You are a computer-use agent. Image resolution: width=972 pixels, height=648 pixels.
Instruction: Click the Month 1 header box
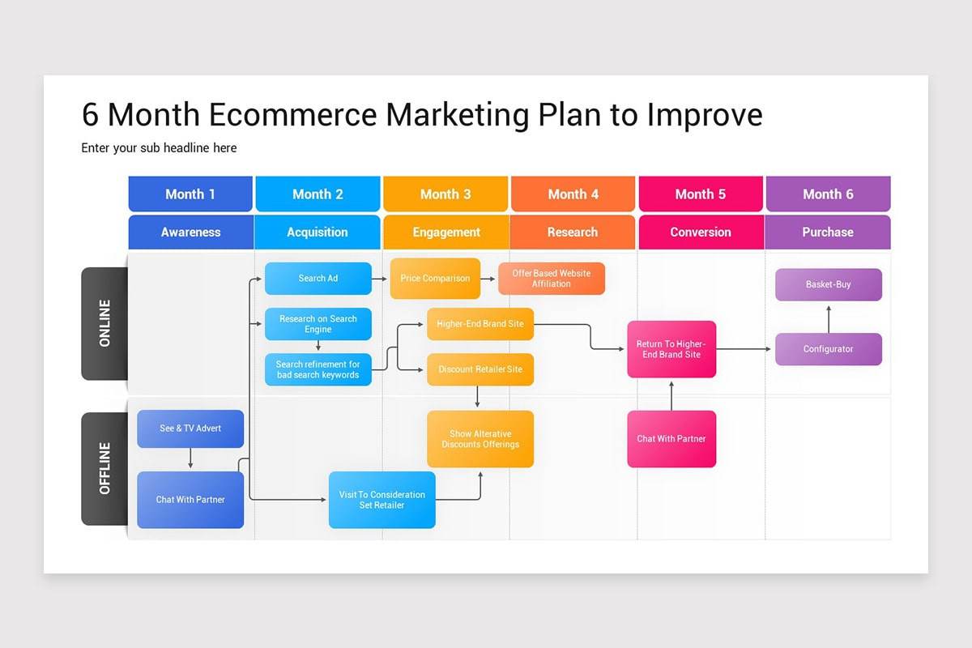[190, 194]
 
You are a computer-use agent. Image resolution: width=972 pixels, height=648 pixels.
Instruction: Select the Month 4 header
[573, 194]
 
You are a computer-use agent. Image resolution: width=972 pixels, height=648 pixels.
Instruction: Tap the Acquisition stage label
[318, 232]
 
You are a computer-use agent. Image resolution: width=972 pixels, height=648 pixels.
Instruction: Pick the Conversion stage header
[701, 232]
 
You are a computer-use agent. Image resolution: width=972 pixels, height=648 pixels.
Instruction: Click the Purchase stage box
[828, 232]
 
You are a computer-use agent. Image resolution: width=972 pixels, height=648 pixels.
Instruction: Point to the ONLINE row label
[104, 323]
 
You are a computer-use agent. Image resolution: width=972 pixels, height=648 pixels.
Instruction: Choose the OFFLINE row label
[104, 468]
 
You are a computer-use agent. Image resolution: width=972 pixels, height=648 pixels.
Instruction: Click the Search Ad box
[318, 278]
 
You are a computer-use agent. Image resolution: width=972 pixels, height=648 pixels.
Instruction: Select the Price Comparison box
[435, 278]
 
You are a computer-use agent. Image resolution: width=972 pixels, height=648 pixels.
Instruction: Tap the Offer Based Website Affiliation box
[552, 279]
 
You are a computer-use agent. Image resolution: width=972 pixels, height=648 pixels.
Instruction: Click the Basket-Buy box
[828, 284]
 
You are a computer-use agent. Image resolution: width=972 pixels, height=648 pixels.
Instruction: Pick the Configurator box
[828, 349]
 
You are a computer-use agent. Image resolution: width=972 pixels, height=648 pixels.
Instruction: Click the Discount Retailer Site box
[480, 369]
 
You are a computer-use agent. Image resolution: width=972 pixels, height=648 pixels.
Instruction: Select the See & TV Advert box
[190, 428]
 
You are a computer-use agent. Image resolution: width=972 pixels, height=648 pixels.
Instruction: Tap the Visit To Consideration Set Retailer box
[382, 500]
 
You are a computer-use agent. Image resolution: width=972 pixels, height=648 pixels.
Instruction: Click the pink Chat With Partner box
[671, 439]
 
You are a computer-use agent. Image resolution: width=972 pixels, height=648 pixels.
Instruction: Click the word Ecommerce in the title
[292, 115]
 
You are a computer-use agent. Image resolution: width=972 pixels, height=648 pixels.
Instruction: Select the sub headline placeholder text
[159, 148]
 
